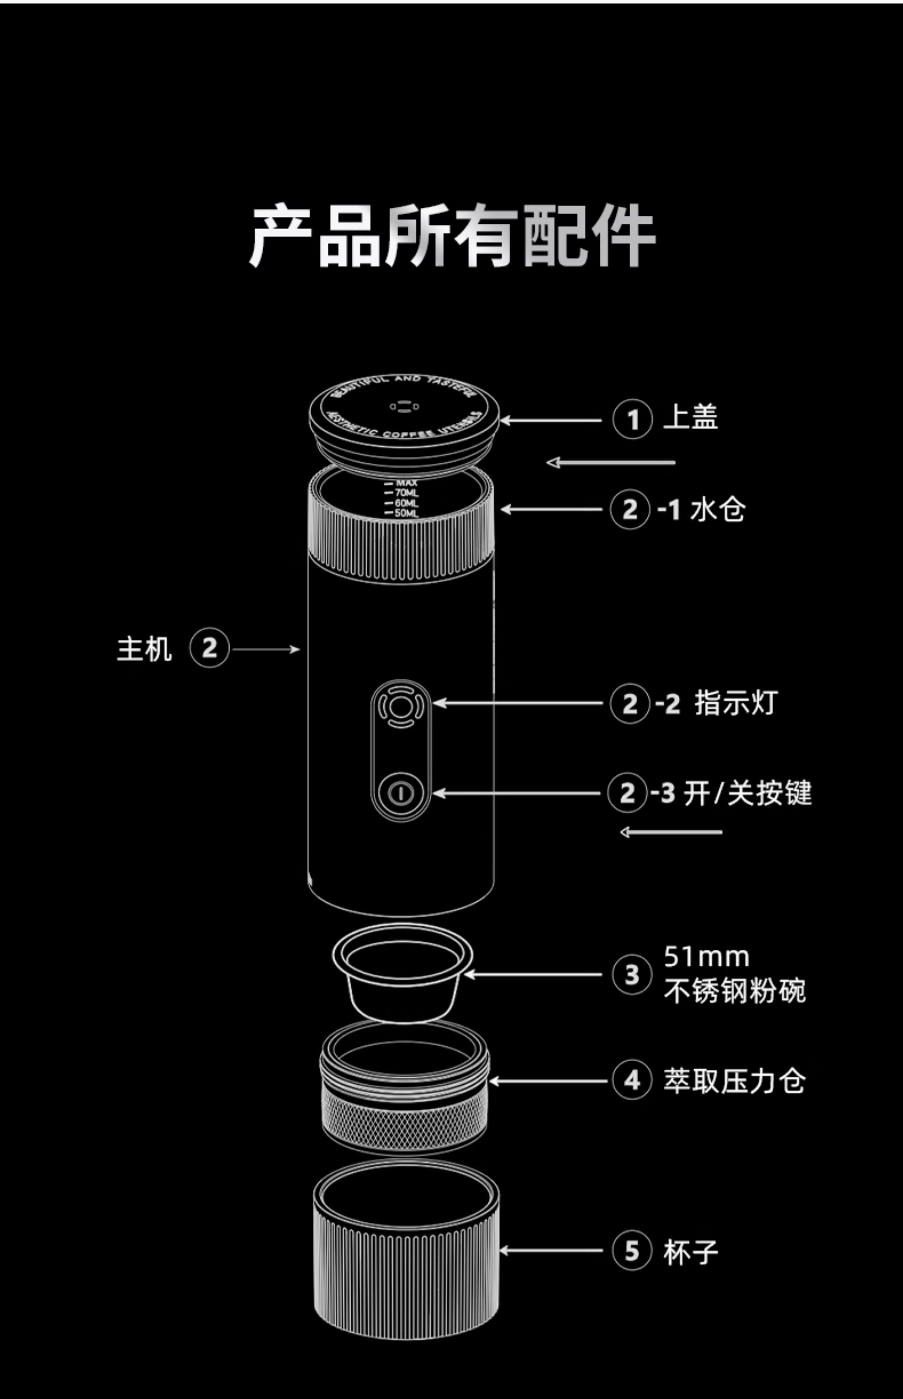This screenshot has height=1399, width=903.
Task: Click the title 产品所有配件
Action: click(451, 236)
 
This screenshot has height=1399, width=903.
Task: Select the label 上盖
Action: click(690, 418)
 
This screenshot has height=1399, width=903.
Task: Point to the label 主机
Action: click(144, 649)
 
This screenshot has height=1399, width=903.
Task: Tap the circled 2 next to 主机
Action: click(209, 648)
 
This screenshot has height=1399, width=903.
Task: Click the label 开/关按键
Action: click(748, 793)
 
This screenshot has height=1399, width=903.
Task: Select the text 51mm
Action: click(707, 957)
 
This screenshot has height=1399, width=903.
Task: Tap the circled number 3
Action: click(631, 974)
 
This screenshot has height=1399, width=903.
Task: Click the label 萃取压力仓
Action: click(734, 1081)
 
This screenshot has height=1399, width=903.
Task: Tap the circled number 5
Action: click(631, 1251)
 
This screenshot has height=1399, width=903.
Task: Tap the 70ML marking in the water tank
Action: click(406, 493)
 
